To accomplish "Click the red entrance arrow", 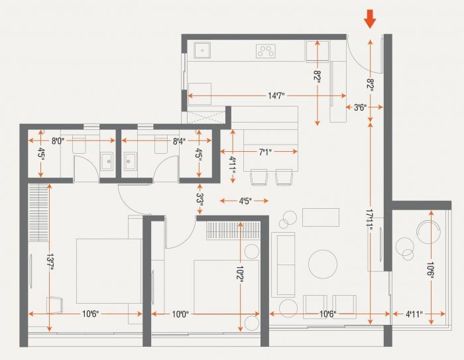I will tap(370, 18).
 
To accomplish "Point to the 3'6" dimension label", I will tap(360, 107).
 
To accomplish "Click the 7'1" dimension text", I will tap(264, 152).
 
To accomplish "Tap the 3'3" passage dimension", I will tap(199, 198).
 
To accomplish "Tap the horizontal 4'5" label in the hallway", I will tap(245, 200).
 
